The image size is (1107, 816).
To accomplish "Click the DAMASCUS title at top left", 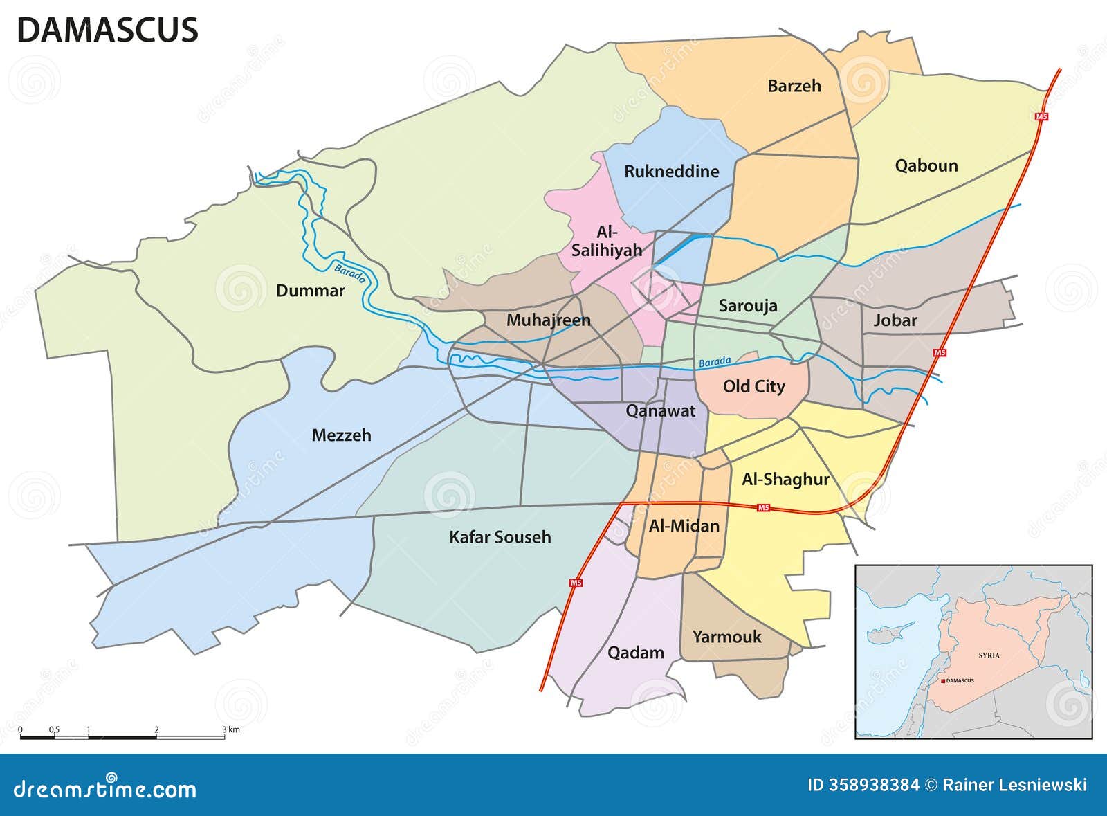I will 107,30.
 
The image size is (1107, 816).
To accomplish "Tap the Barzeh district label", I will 794,86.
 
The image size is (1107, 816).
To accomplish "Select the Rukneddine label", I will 671,172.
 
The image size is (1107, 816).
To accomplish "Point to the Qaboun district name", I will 926,165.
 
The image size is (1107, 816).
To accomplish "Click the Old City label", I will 753,386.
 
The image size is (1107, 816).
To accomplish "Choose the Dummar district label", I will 310,291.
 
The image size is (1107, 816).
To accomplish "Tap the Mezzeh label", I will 341,435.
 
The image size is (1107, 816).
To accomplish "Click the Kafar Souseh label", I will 500,537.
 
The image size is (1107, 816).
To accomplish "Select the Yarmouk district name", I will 726,637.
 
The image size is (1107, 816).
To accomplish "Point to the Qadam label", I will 635,653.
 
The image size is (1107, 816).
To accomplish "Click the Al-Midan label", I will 684,526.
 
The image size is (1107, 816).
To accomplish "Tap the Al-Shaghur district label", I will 785,480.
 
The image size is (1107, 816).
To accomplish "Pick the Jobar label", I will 895,320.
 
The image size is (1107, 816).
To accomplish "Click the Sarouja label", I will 747,306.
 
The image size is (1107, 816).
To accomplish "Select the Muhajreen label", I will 548,320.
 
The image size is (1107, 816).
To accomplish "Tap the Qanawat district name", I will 660,411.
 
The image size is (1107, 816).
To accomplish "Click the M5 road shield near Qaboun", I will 1041,116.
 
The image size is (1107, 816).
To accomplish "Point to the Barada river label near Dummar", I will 350,274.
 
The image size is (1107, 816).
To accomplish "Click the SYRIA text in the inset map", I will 989,655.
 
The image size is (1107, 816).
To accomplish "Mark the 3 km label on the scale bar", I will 231,729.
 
